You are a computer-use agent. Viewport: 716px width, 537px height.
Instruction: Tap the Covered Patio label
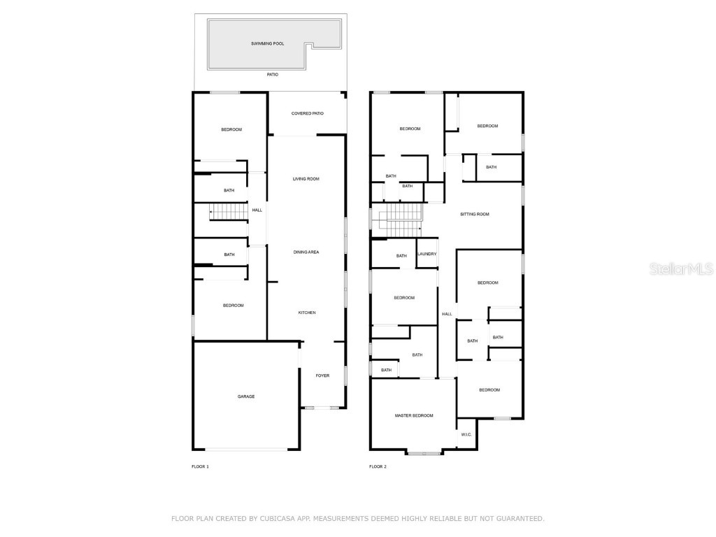(308, 113)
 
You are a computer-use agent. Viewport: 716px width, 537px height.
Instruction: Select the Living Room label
(306, 179)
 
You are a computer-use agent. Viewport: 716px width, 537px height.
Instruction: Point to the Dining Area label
(306, 252)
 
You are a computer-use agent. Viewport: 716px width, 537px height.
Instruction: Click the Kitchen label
(307, 313)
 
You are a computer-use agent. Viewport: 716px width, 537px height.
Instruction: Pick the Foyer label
(322, 375)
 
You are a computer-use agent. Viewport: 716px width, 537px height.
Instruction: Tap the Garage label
(246, 396)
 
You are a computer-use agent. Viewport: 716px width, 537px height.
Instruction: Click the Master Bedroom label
(414, 415)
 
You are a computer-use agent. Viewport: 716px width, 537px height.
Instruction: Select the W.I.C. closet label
(466, 435)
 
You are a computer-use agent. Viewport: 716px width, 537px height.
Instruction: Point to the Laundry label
(427, 254)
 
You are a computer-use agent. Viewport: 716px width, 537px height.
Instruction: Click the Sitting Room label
(475, 214)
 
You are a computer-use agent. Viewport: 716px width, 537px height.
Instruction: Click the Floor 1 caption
(200, 466)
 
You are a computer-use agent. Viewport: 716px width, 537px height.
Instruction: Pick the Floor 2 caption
(378, 466)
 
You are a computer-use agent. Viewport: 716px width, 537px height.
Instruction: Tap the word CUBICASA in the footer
(275, 518)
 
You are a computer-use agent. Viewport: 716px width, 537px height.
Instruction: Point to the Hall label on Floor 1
(257, 210)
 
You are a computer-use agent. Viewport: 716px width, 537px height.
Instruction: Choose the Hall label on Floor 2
(447, 314)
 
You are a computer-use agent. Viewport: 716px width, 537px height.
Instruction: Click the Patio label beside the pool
(273, 74)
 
